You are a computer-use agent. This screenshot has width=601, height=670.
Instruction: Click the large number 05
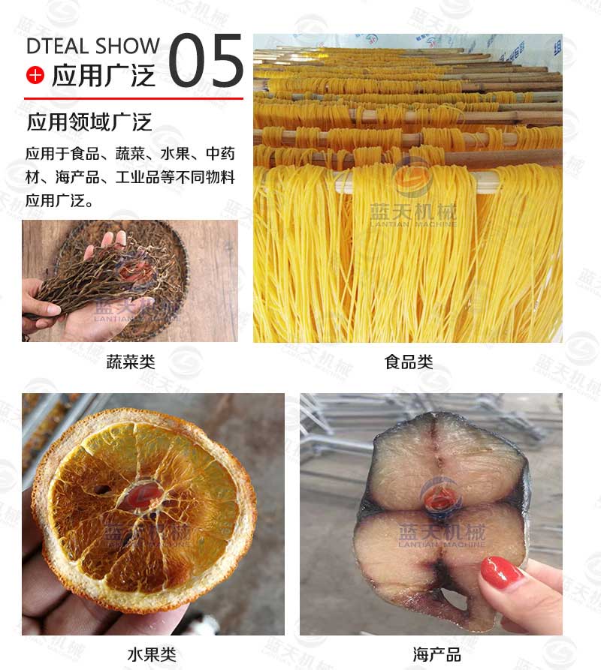click(205, 60)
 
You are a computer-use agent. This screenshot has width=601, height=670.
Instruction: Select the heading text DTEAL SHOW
click(92, 46)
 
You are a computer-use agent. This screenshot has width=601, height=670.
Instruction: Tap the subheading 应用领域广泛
click(89, 122)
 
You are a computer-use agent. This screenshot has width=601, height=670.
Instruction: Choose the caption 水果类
click(153, 653)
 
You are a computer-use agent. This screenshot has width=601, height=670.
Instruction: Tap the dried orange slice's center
click(143, 495)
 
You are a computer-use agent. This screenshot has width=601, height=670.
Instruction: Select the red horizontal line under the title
click(133, 98)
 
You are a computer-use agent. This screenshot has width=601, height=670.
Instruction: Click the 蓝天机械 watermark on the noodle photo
click(412, 214)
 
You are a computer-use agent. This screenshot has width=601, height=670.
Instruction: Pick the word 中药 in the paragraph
click(220, 155)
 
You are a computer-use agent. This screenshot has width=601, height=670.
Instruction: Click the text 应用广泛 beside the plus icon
click(103, 76)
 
